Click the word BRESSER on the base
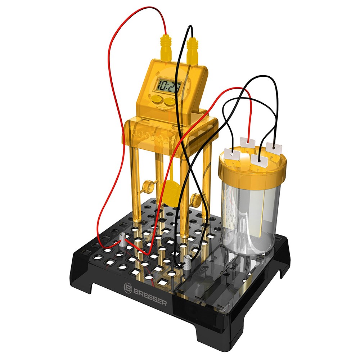[x=149, y=295]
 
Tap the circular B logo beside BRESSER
[x=128, y=287]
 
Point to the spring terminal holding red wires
[x=123, y=240]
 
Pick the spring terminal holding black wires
[x=187, y=262]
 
